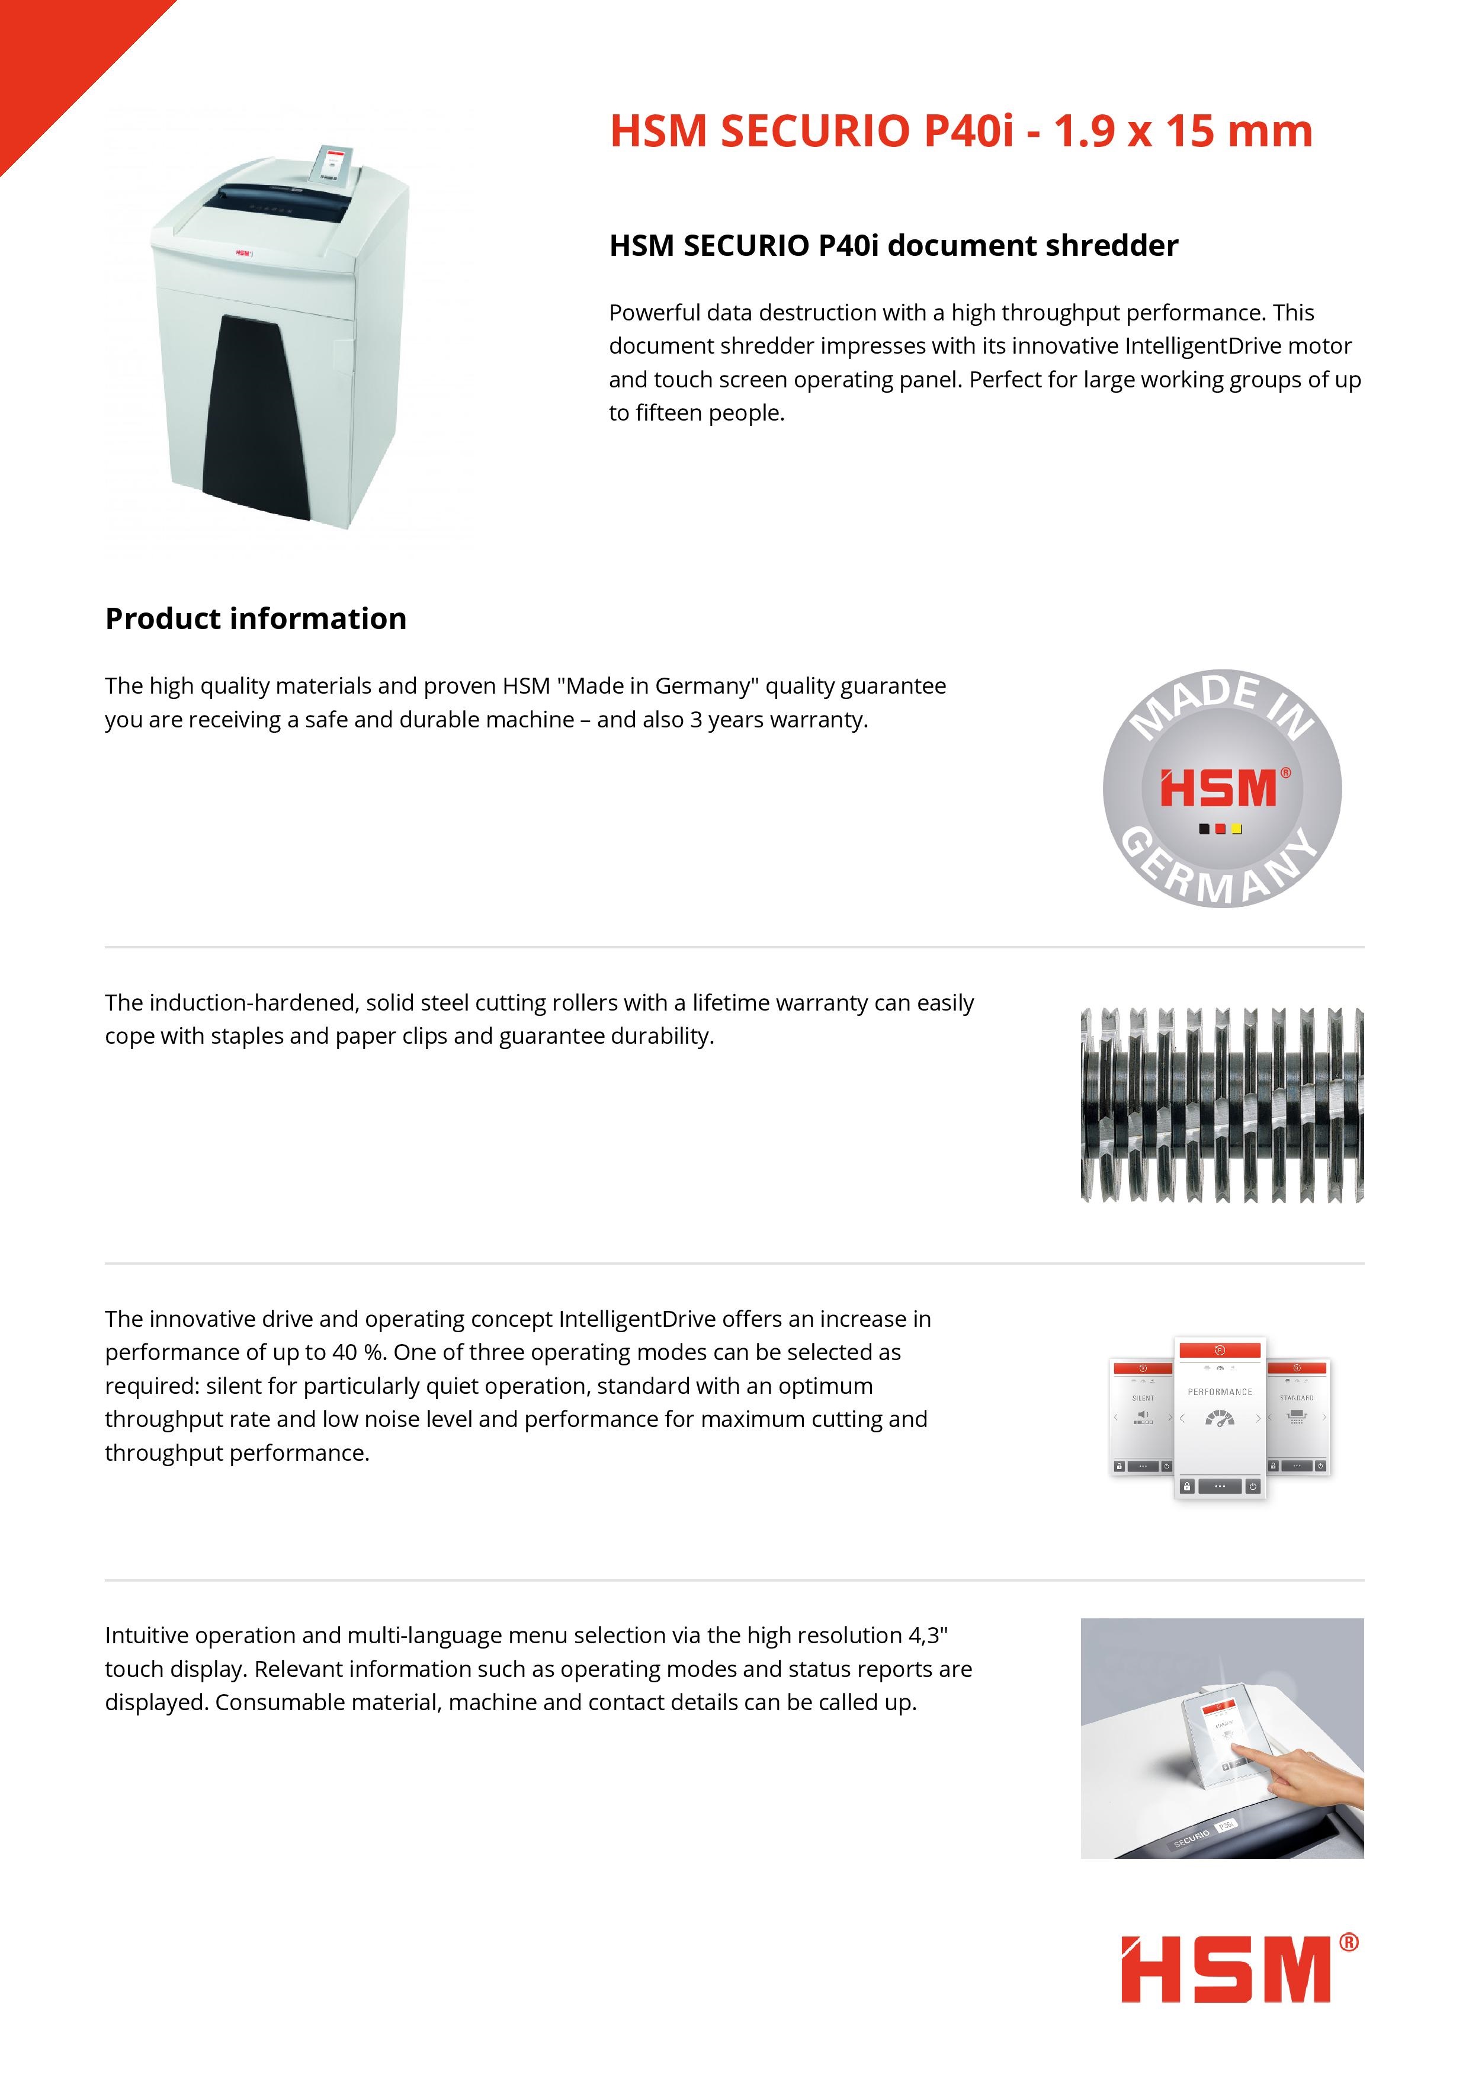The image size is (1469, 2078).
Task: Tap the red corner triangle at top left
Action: [x=54, y=54]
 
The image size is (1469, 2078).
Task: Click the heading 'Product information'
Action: [x=255, y=619]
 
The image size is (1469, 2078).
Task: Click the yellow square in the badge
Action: [x=1236, y=829]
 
